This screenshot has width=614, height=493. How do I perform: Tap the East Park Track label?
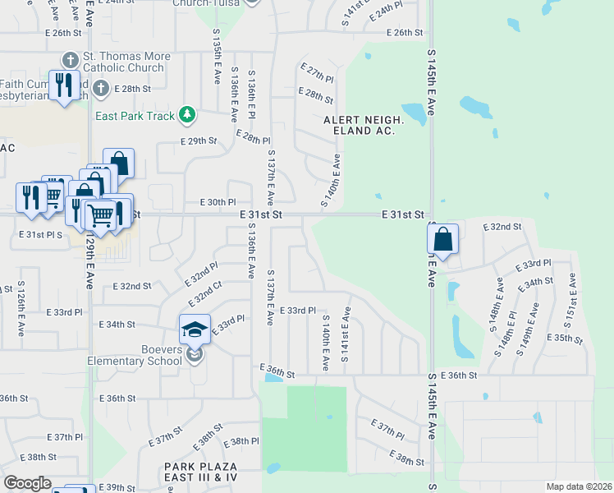coord(135,116)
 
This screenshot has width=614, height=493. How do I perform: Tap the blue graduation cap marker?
coord(195,329)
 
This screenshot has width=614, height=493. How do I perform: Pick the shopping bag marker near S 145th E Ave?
coord(442,239)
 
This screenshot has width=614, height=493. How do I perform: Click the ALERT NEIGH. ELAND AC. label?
coord(364,125)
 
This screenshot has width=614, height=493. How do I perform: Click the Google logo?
coord(27,482)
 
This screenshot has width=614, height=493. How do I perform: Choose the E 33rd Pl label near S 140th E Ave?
coord(298,310)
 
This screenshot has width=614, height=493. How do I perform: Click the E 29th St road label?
coord(199,141)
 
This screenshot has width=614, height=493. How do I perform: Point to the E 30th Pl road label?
coord(218,201)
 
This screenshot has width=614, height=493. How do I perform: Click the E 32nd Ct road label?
coord(205,293)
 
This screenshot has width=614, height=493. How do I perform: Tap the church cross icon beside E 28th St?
coord(100,88)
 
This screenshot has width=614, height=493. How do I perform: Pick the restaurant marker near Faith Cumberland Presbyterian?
coord(63,84)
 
